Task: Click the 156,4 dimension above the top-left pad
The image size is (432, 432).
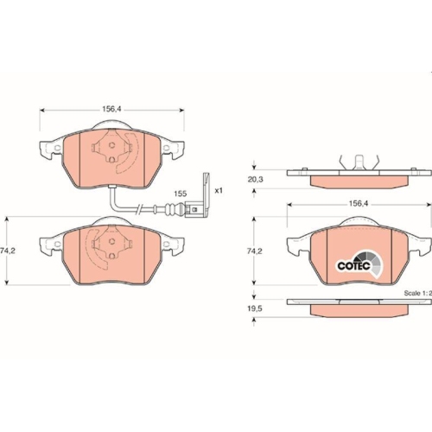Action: point(112,110)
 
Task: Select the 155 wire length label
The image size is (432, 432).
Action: point(180,194)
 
